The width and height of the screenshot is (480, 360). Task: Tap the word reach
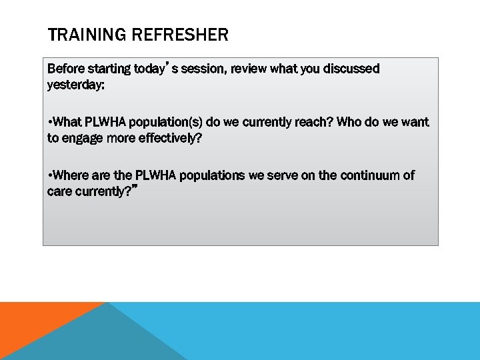click(316, 122)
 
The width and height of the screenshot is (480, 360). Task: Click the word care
click(59, 191)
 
